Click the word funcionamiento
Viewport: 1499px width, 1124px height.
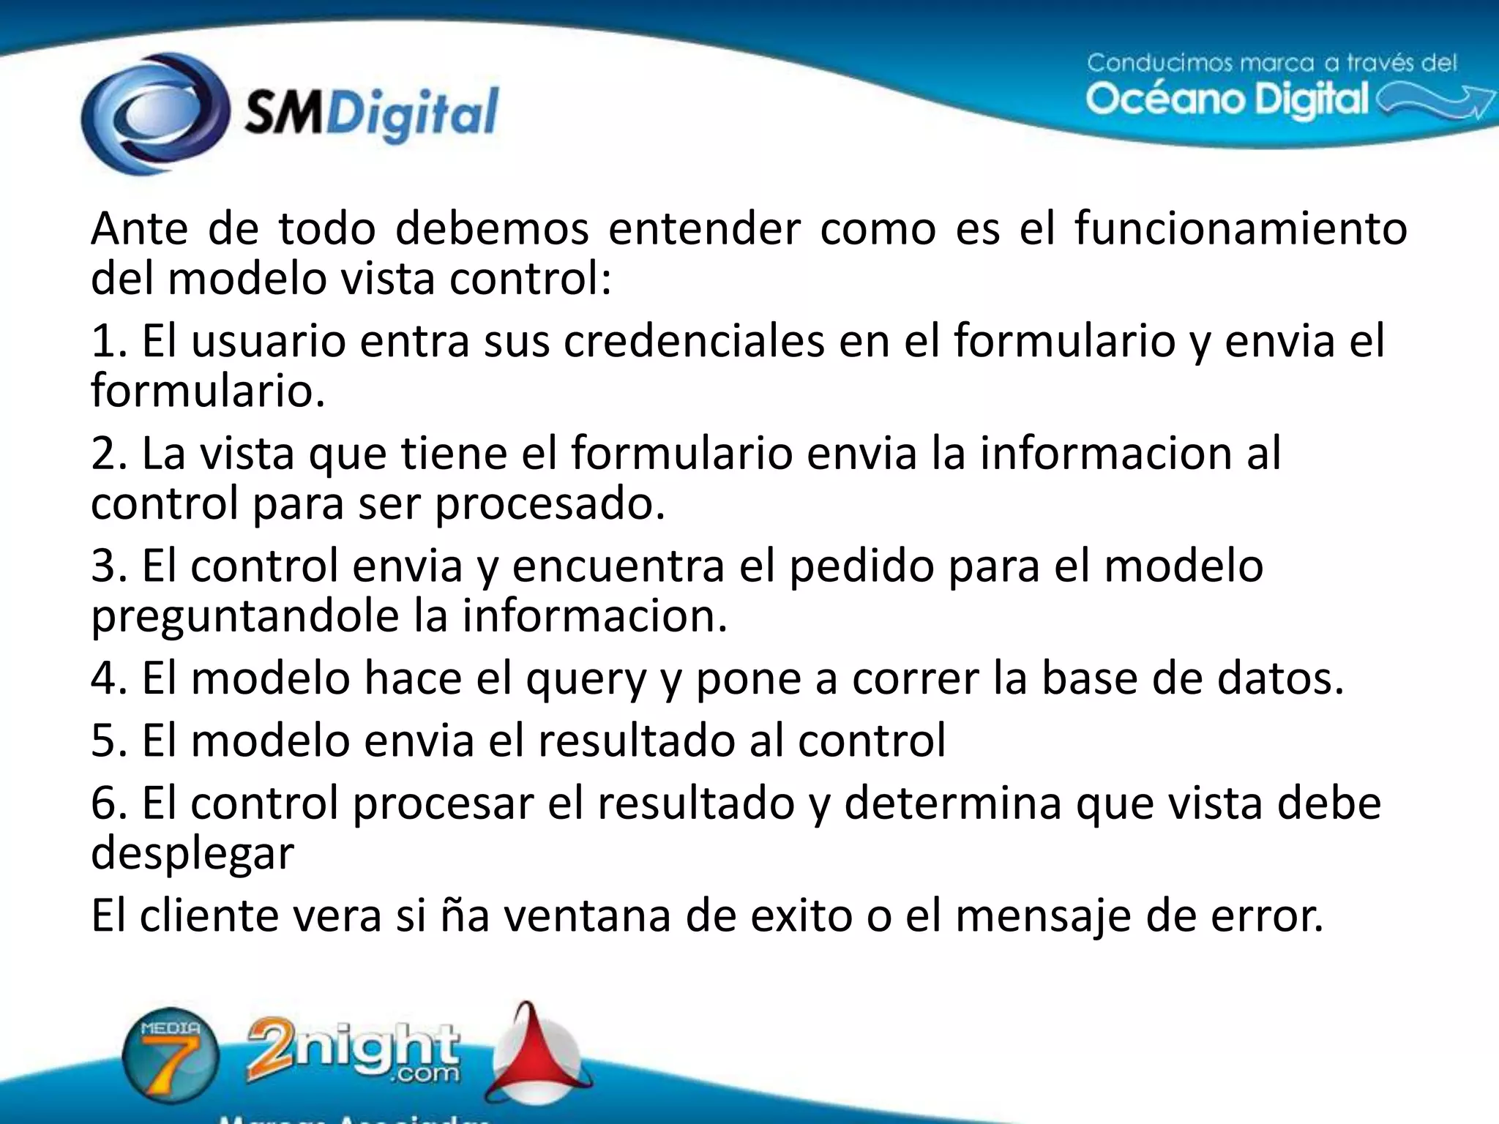click(1241, 228)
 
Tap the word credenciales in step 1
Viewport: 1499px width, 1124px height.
click(694, 341)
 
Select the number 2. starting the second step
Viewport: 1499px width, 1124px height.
click(110, 454)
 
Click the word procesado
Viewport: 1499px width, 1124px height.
click(550, 504)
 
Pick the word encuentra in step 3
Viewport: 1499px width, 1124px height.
click(618, 566)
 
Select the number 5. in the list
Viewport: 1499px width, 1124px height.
click(110, 741)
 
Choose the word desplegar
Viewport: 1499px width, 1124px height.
click(192, 854)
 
